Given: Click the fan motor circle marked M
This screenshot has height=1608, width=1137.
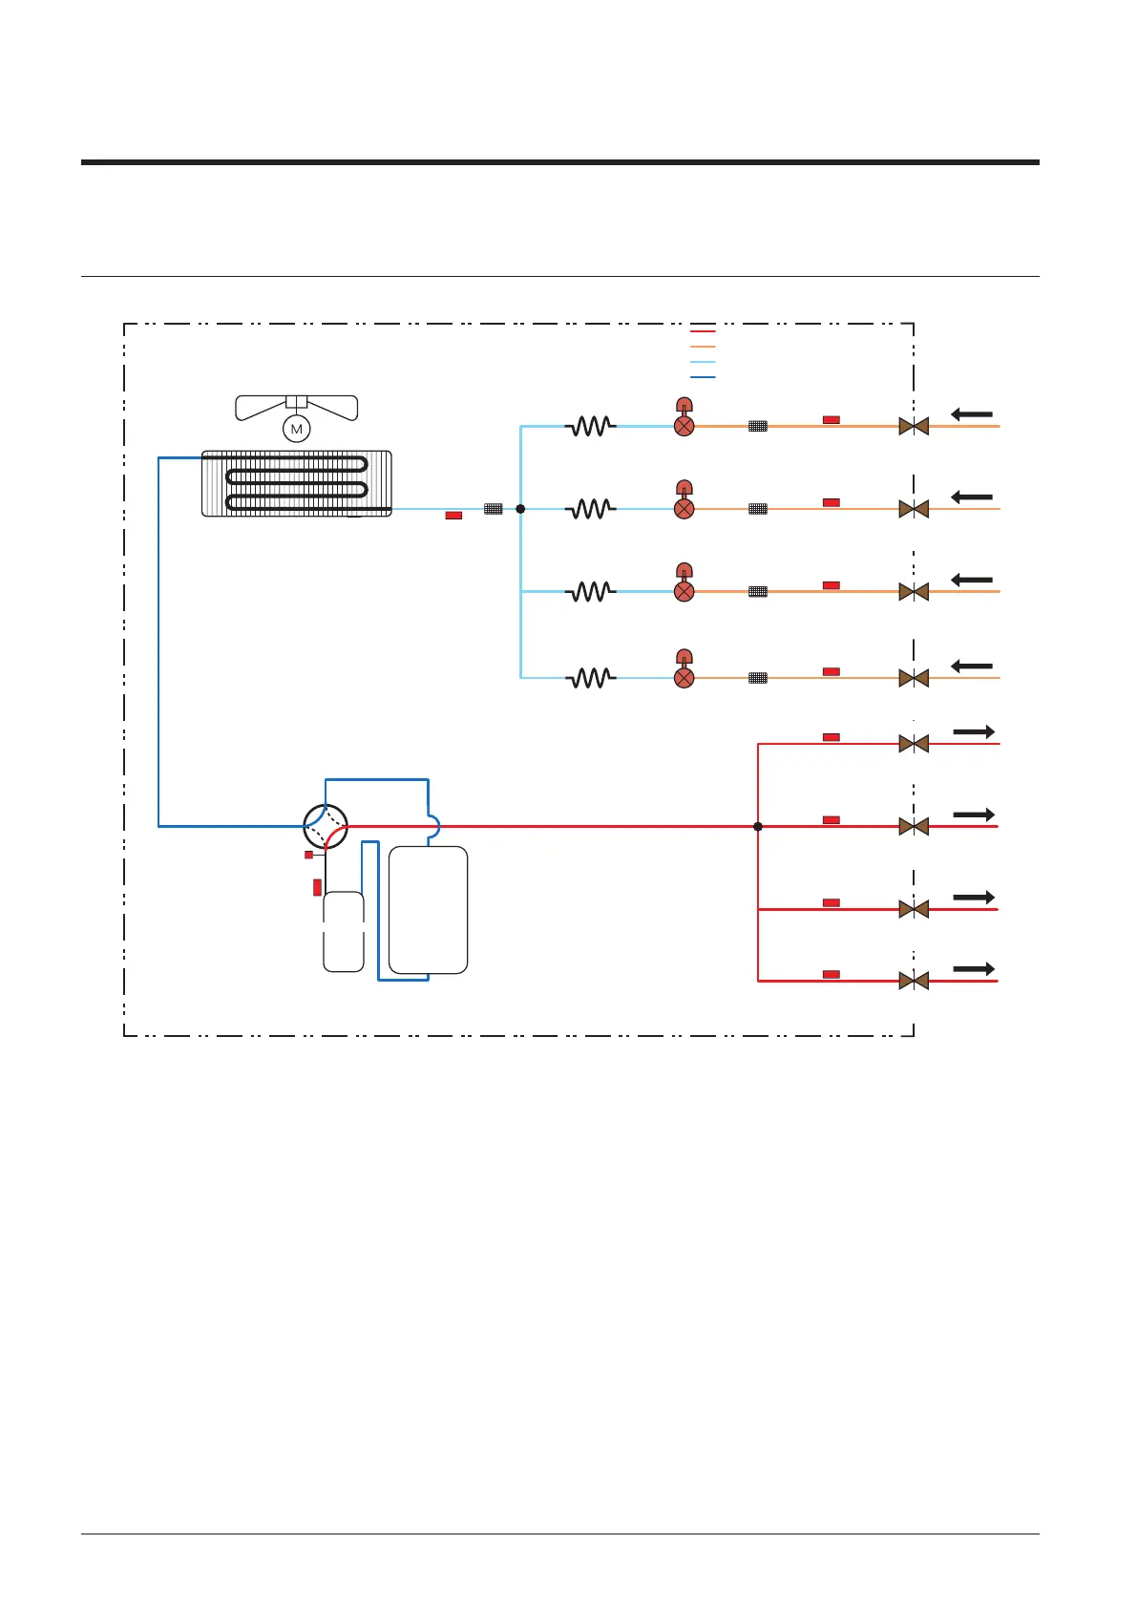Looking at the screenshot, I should (x=297, y=430).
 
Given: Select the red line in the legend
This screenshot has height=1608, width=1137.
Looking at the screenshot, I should (x=702, y=331).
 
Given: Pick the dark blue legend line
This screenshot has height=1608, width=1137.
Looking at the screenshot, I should (x=702, y=377).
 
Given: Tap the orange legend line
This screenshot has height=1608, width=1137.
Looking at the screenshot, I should (x=702, y=347).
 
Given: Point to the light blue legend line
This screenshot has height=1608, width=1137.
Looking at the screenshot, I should (x=702, y=362).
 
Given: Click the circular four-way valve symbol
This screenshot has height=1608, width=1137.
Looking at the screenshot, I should (x=326, y=826).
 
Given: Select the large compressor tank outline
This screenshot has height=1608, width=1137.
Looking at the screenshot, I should (x=428, y=909).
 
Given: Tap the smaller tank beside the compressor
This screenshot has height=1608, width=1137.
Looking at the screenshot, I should (x=344, y=931).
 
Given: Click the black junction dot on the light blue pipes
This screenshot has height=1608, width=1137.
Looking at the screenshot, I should (x=520, y=509).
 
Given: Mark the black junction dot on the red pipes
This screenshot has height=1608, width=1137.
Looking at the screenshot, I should (x=758, y=826).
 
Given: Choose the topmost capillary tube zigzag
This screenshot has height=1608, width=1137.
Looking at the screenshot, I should (x=591, y=427).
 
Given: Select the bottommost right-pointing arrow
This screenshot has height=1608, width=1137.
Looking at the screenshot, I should (x=974, y=969).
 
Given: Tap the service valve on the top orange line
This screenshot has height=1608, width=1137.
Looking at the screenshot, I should (x=914, y=426).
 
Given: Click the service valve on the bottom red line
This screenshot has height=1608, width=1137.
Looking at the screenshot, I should (x=914, y=981).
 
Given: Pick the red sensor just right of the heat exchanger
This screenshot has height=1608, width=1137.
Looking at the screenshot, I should (x=453, y=516).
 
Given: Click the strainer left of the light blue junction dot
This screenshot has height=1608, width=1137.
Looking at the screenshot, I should (x=493, y=509).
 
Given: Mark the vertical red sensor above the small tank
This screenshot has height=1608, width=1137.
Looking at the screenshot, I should (x=317, y=887).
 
